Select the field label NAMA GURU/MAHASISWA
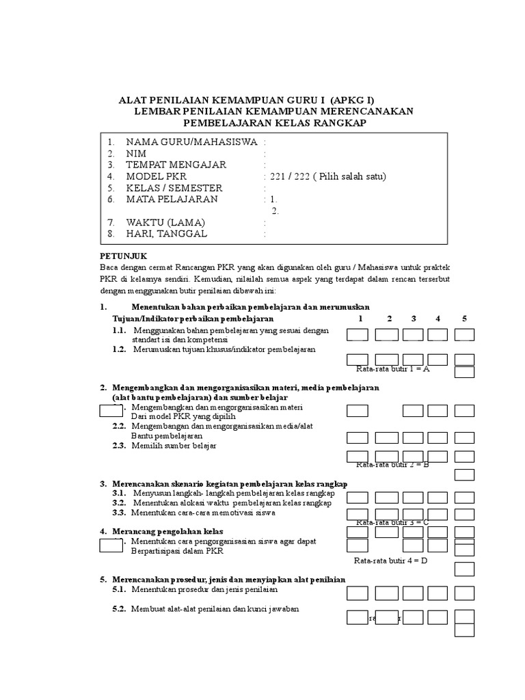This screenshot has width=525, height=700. tap(191, 142)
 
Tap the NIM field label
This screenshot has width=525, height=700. tap(136, 154)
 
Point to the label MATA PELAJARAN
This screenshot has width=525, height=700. tap(172, 200)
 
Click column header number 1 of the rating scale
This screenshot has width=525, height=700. tap(360, 319)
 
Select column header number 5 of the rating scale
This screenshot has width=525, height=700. tap(464, 319)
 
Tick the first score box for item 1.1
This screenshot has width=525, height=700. tap(358, 334)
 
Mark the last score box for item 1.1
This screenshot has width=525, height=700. tap(464, 334)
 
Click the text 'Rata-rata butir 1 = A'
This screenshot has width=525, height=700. tap(392, 369)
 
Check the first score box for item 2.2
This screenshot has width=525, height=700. tap(358, 437)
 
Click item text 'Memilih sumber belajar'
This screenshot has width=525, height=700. tap(174, 446)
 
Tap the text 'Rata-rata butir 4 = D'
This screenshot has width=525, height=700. tap(390, 561)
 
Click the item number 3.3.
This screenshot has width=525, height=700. tap(120, 512)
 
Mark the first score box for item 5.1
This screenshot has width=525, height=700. tap(358, 593)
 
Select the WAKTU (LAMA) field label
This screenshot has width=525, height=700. tap(165, 223)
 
